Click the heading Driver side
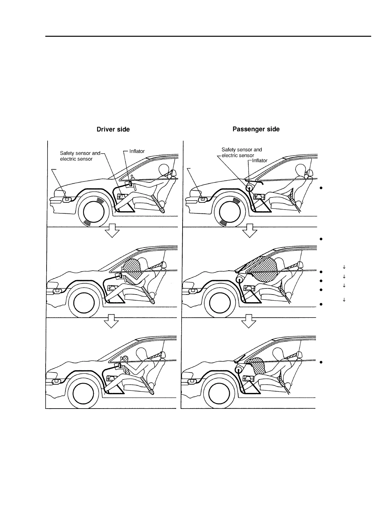113,129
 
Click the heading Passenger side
256,129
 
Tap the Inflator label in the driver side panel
137,151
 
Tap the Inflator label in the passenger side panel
260,160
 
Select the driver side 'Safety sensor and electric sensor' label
80,156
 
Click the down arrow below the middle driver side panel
112,321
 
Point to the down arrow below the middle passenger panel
249,321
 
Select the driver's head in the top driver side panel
163,170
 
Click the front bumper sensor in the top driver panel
67,199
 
